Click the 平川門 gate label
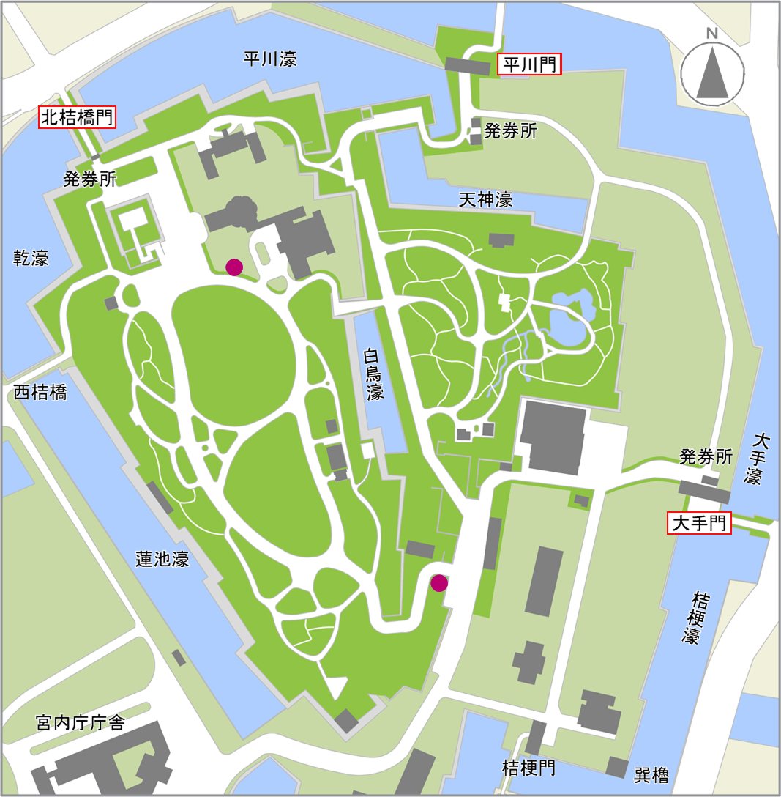tap(529, 64)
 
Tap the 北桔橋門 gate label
tap(78, 117)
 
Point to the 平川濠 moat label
tap(270, 59)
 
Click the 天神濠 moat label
tap(485, 199)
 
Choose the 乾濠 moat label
tap(31, 258)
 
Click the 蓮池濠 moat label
tap(162, 560)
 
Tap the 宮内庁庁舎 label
tap(80, 723)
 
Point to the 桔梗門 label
tap(528, 768)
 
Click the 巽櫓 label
tap(651, 774)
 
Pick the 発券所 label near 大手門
tap(706, 458)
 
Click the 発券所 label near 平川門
tap(511, 132)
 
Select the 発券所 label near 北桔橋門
tap(89, 179)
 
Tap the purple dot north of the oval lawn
tap(234, 267)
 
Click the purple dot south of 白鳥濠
tap(439, 583)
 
